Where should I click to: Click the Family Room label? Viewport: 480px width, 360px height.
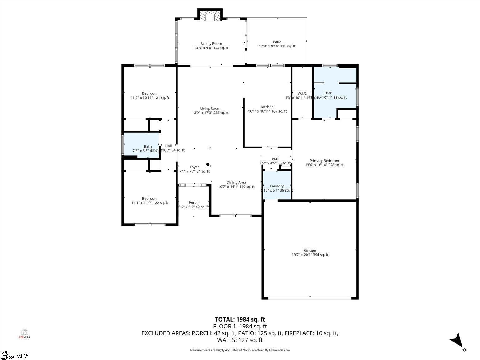(x=211, y=44)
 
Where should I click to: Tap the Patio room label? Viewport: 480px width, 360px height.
(x=277, y=42)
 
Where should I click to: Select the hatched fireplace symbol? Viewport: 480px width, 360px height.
(x=210, y=17)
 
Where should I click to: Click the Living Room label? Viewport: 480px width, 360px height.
(x=210, y=108)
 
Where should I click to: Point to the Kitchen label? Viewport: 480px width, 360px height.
(x=267, y=107)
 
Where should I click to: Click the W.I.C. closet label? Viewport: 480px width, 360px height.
(x=302, y=93)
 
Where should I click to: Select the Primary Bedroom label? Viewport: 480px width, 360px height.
(x=324, y=161)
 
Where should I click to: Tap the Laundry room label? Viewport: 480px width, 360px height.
(x=277, y=186)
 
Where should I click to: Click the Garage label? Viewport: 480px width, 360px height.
(x=310, y=250)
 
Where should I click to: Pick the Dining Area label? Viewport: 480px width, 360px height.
(x=236, y=182)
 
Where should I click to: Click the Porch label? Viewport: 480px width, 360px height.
(x=193, y=203)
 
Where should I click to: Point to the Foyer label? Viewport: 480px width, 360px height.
(x=194, y=167)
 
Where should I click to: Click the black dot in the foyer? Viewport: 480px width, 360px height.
(x=208, y=164)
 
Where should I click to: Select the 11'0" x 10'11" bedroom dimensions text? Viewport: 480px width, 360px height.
(x=150, y=98)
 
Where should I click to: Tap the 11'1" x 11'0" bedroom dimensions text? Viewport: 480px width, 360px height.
(x=150, y=203)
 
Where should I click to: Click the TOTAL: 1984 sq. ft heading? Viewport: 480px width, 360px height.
(x=240, y=319)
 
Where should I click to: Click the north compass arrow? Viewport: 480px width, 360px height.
(x=457, y=340)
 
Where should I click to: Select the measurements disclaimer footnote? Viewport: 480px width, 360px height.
(x=240, y=350)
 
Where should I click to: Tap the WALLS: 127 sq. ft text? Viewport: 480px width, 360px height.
(x=240, y=340)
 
